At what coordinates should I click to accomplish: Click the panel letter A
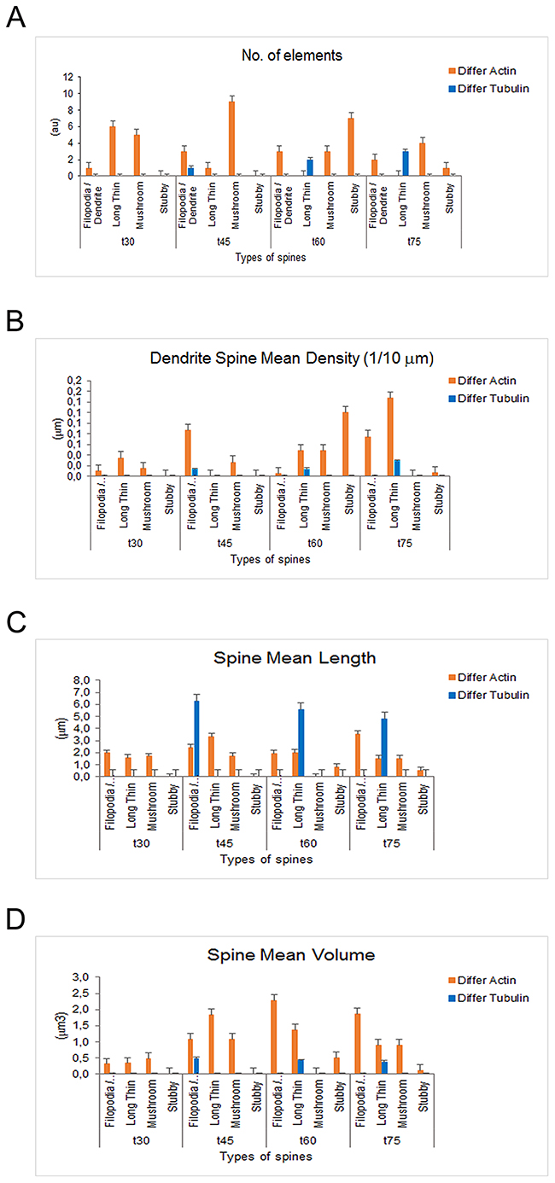tap(15, 16)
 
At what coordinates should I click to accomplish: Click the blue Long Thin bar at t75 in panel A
tap(406, 163)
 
